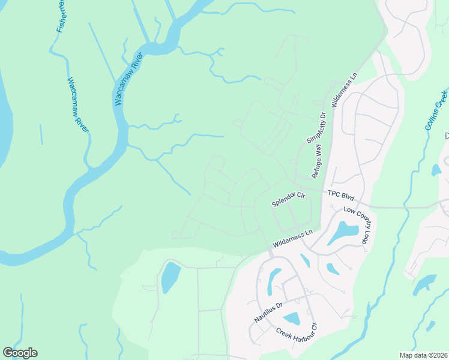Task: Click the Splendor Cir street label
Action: (x=289, y=199)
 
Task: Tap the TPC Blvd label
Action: (x=341, y=196)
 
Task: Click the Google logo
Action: (x=20, y=353)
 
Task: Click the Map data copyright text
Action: (x=423, y=355)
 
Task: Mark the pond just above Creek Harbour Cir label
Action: (x=292, y=319)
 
